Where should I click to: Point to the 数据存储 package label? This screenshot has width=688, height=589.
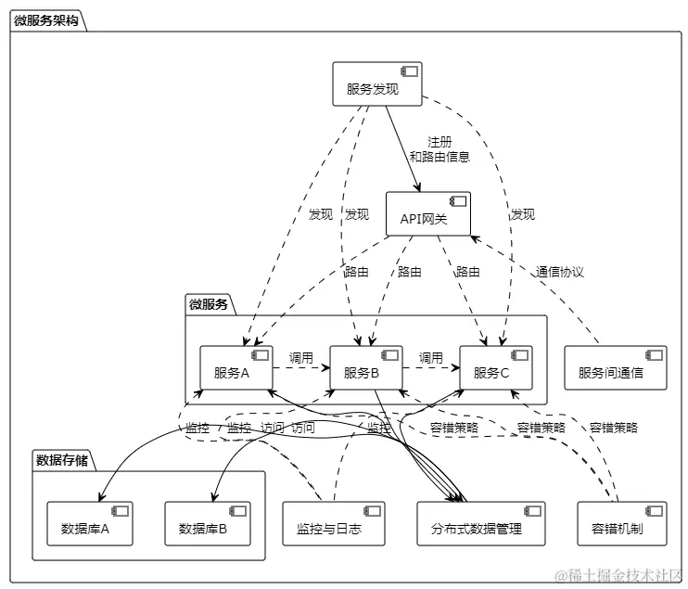coord(62,459)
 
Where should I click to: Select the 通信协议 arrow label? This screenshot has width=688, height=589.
coord(560,272)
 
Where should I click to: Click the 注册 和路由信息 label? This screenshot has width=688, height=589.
coord(440,149)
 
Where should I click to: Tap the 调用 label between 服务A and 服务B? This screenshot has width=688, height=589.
coord(301,357)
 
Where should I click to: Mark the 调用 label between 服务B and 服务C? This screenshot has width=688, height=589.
coord(431,357)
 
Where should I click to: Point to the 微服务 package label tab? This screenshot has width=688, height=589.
coord(208,303)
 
